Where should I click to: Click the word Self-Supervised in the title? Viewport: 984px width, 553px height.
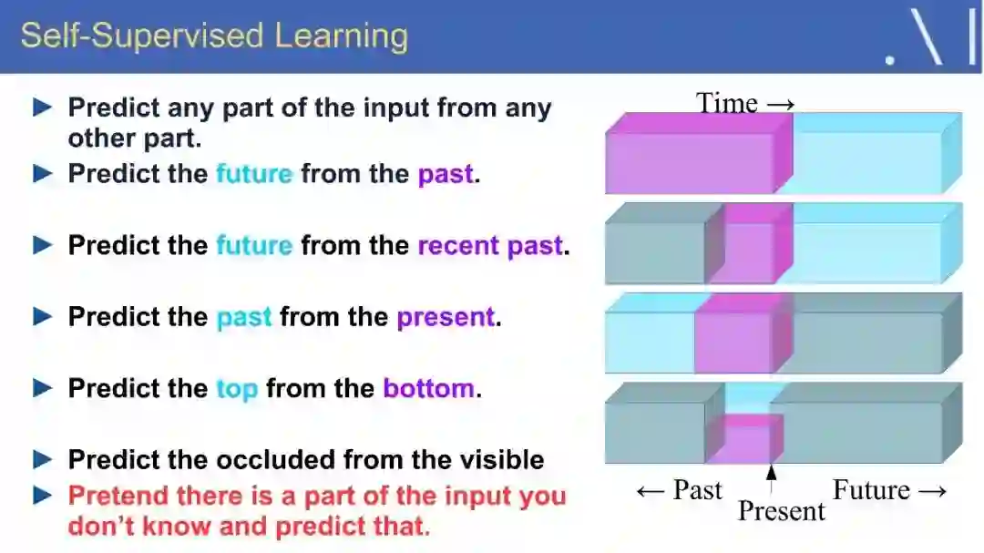pos(142,36)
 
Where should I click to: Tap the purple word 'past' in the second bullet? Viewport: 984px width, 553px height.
pos(446,175)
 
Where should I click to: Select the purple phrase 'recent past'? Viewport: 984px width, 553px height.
pos(489,245)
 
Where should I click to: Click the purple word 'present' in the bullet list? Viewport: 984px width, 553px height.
pos(446,318)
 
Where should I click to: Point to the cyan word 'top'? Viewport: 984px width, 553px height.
pos(237,389)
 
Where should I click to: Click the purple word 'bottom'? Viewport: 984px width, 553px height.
pos(428,388)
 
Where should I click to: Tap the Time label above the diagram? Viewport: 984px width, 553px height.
pos(727,103)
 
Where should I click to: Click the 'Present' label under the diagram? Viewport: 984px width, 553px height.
pos(782,511)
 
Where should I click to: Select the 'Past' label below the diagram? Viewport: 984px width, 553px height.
pos(697,489)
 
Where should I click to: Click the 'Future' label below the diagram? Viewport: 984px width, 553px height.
pos(871,489)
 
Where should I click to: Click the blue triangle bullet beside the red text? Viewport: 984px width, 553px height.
pos(42,496)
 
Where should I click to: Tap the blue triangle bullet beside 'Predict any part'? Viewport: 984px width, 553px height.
pos(42,108)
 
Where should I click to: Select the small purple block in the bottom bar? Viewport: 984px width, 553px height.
pos(745,438)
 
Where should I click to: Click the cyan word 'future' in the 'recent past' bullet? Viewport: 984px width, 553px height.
pos(254,245)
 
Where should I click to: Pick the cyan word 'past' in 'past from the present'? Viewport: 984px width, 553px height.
pos(244,318)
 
